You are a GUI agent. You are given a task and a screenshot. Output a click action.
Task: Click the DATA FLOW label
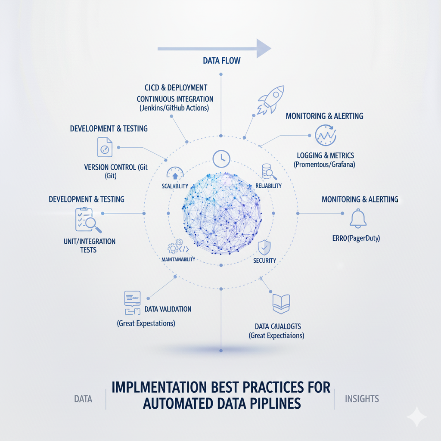pos(221,61)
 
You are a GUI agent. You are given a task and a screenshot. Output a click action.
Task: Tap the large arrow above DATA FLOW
pos(214,48)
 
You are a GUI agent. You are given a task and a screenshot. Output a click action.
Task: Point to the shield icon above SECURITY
pos(264,248)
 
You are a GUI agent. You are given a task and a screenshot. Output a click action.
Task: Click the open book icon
pos(281,304)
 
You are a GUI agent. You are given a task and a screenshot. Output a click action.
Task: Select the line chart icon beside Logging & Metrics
pos(325,135)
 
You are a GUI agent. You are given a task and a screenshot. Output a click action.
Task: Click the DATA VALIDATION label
pos(168,309)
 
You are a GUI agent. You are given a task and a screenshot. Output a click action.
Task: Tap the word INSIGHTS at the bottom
pos(362,399)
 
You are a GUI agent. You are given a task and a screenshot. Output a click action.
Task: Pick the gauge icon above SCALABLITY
pos(175,173)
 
